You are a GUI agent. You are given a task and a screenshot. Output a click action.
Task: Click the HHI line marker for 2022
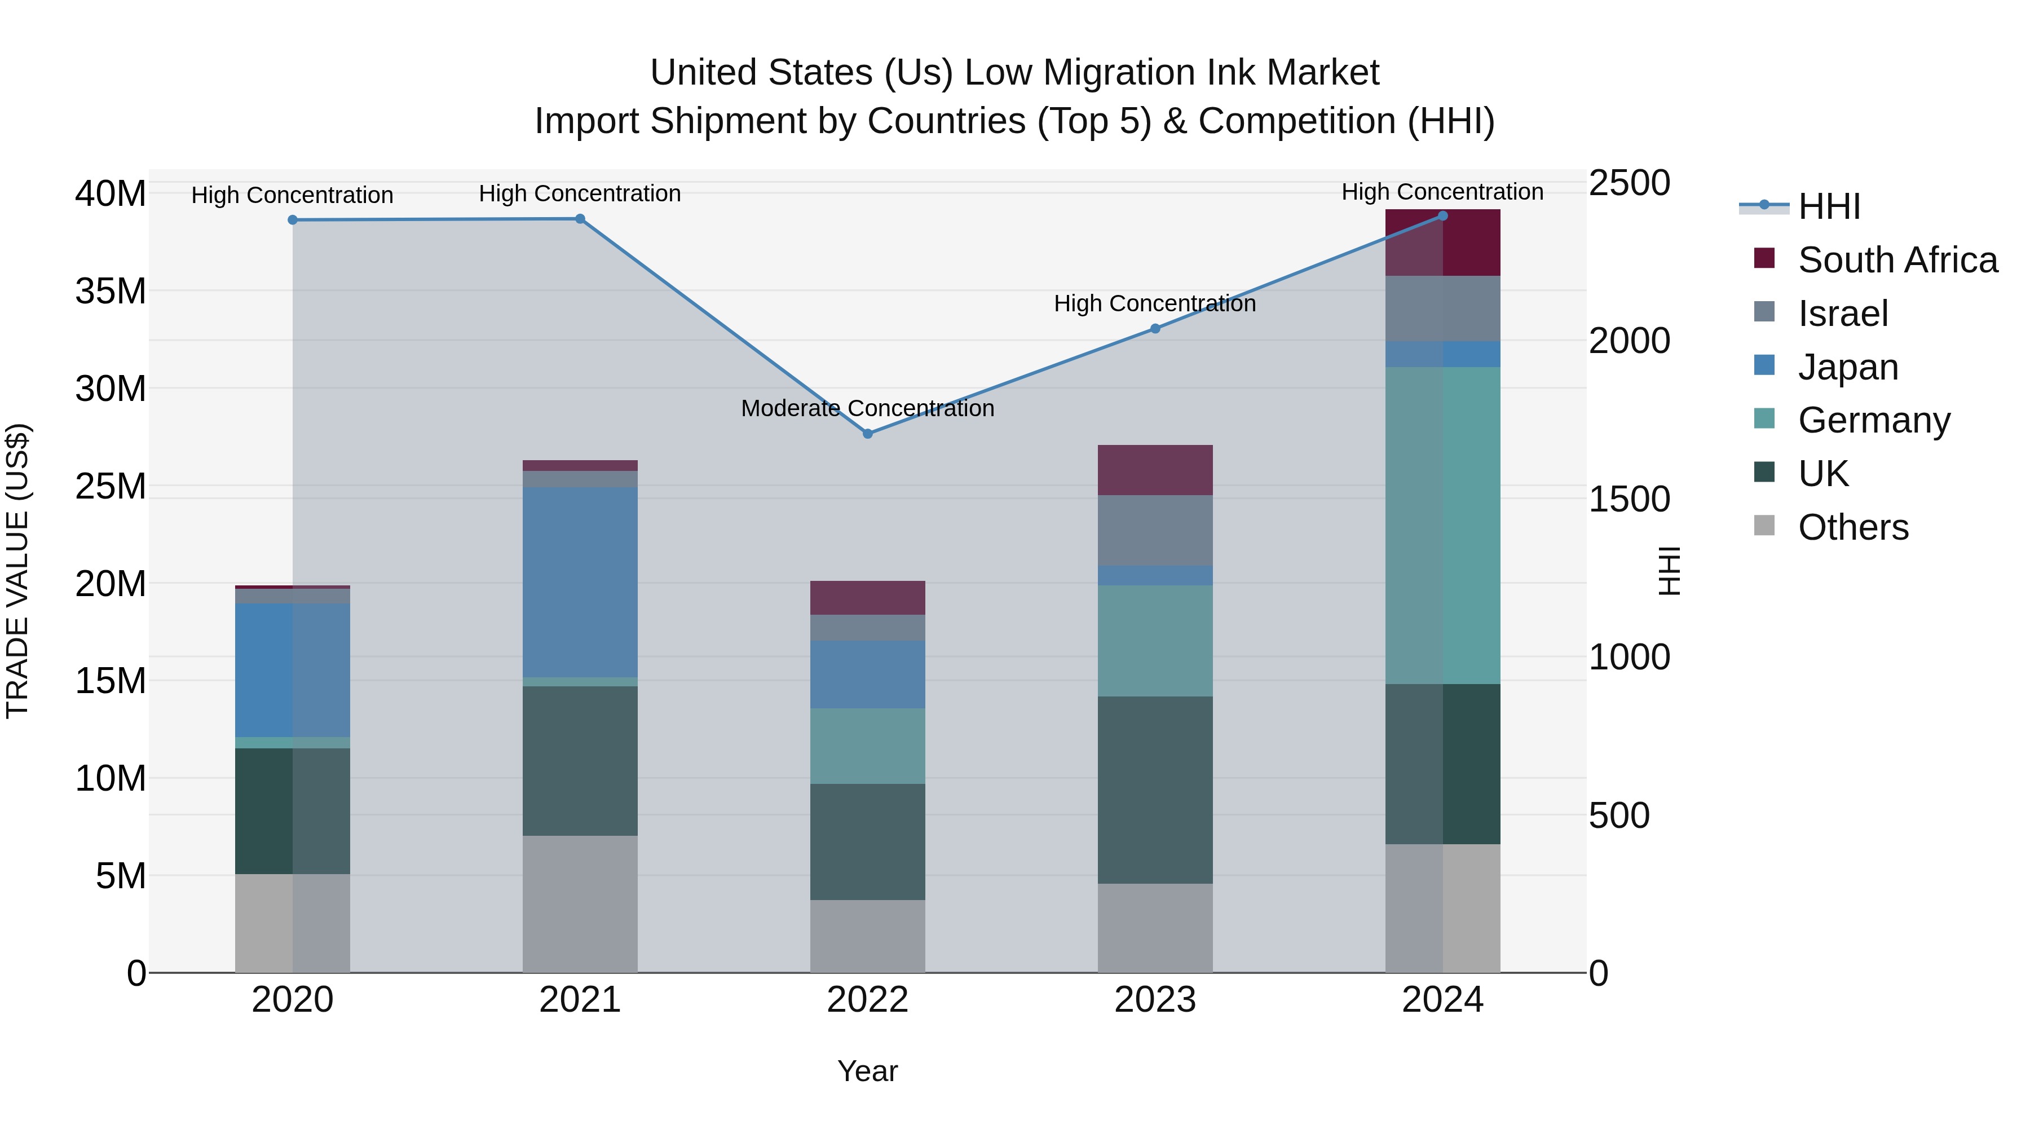pos(868,434)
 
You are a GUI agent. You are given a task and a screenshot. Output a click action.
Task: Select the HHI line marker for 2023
pos(1155,329)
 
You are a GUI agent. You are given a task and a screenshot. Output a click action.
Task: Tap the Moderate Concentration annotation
pos(868,408)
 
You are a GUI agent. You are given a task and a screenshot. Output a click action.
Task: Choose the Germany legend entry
pos(1873,420)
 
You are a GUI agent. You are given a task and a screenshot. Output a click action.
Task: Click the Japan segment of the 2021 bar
pos(580,581)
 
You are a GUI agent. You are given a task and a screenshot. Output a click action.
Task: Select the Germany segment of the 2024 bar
pos(1443,525)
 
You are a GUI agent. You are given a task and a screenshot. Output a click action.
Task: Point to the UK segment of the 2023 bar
pos(1155,790)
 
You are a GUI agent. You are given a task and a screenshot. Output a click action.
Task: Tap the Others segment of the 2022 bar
pos(868,936)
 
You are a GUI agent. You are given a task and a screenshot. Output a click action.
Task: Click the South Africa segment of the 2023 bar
pos(1155,470)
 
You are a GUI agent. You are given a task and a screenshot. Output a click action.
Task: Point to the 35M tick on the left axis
pos(111,292)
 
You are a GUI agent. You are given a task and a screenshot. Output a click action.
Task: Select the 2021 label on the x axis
pos(580,1000)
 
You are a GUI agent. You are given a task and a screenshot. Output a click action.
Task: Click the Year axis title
pos(868,1071)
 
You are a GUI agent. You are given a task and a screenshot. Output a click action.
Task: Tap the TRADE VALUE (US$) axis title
pos(17,571)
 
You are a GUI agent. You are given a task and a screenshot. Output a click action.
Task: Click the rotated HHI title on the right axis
pos(1669,571)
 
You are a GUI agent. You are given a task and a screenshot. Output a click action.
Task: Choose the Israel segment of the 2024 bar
pos(1443,308)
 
